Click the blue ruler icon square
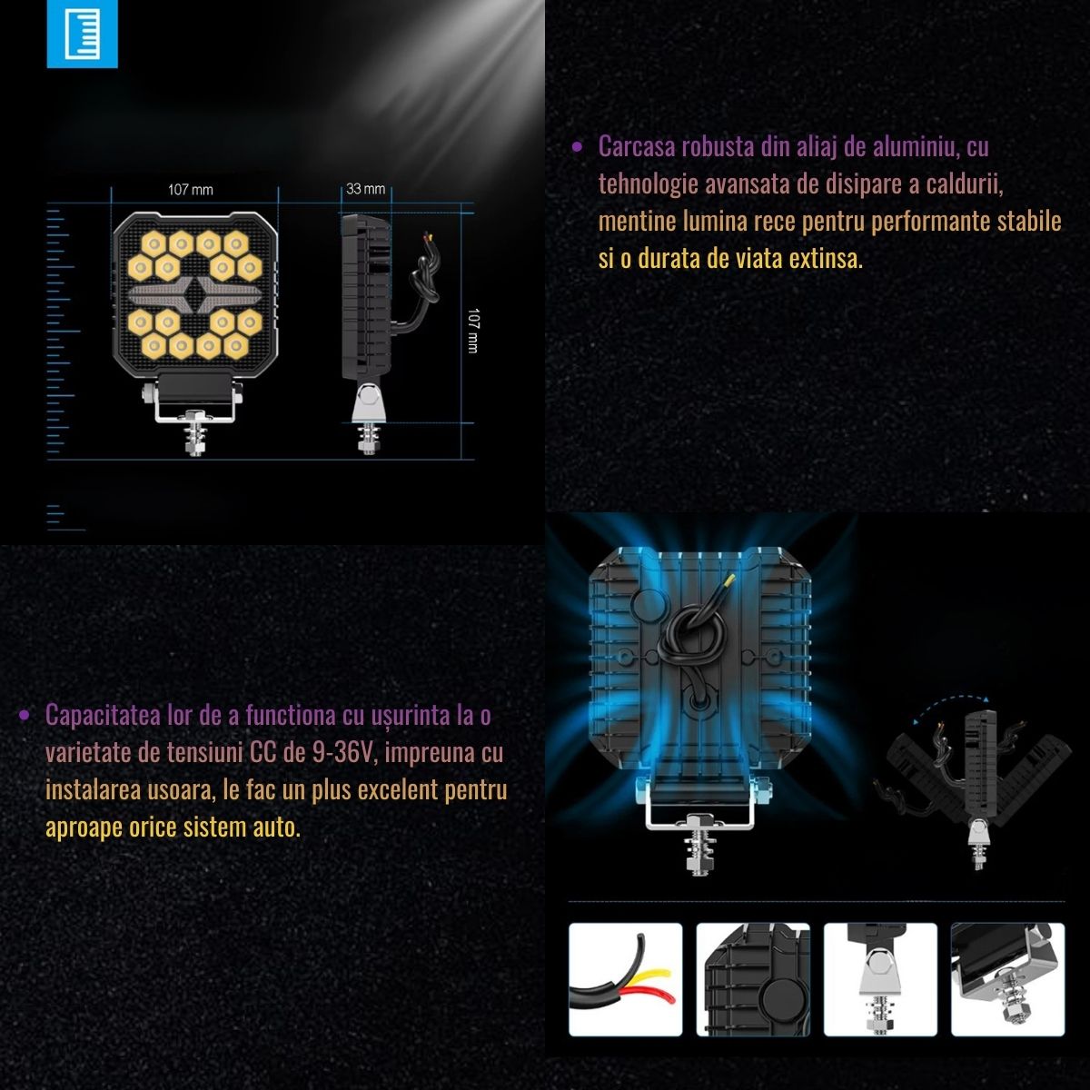point(82,34)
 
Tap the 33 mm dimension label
point(365,189)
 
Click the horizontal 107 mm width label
point(191,190)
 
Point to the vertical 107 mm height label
point(473,331)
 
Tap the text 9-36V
point(344,752)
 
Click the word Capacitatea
point(103,716)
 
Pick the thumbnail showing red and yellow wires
point(625,980)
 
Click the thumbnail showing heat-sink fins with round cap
point(753,980)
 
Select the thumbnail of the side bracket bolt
point(880,980)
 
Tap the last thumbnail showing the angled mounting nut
point(1008,980)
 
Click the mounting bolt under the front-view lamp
point(195,433)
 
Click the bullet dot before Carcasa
point(577,148)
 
